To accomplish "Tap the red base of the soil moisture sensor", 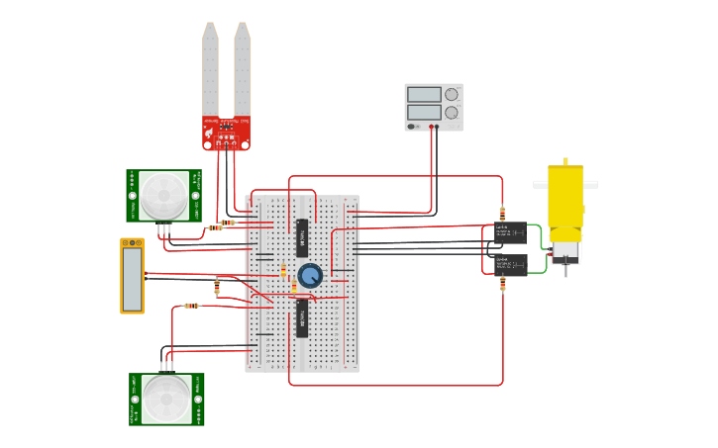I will click(x=227, y=133).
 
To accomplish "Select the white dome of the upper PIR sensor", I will click(x=163, y=195).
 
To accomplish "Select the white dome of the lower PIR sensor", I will click(x=165, y=399).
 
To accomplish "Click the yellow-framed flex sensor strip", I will click(x=133, y=276).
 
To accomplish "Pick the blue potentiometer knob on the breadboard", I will click(x=310, y=276).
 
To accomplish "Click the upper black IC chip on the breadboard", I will click(x=302, y=238).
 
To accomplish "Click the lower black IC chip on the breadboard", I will click(x=302, y=318).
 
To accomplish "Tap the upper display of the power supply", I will click(x=424, y=95).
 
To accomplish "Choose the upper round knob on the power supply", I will click(x=452, y=95).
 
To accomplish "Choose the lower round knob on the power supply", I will click(x=452, y=113).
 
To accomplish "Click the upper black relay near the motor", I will click(x=510, y=233).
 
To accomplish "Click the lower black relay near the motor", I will click(x=510, y=264).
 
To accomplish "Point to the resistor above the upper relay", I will click(x=503, y=213).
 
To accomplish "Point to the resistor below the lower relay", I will click(x=503, y=285).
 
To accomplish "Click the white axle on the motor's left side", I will click(x=540, y=184).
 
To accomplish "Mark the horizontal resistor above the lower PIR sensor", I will click(x=190, y=306).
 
